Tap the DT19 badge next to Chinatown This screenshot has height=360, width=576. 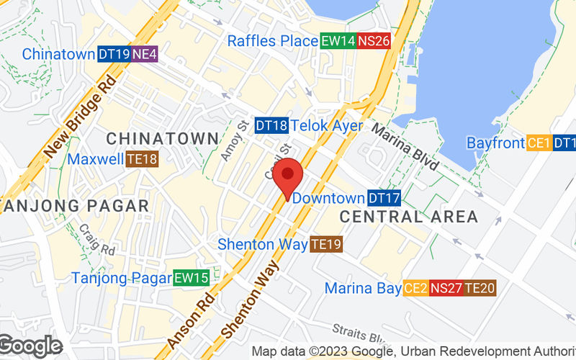[x=114, y=54]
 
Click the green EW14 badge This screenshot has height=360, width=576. [x=338, y=41]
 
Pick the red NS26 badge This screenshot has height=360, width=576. [x=374, y=41]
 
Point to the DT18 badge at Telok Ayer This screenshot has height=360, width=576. [x=271, y=126]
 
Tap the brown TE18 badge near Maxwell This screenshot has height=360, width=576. [x=142, y=158]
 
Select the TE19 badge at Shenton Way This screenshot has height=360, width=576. [x=326, y=245]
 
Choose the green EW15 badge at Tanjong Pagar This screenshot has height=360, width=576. [x=191, y=278]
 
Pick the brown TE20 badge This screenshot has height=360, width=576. [x=480, y=289]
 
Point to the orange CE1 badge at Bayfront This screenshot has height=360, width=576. [x=539, y=143]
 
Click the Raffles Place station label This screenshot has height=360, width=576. [x=272, y=41]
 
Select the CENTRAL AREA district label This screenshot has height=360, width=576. [x=408, y=217]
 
